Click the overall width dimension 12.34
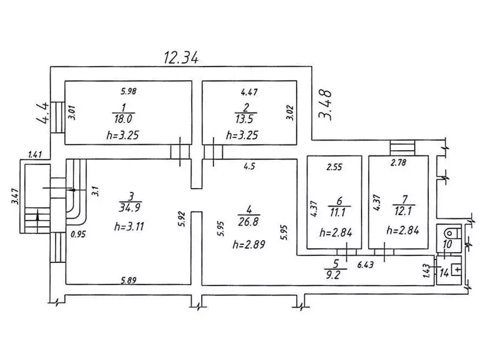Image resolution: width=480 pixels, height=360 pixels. point(181,57)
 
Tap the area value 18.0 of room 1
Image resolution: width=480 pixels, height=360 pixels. point(123,119)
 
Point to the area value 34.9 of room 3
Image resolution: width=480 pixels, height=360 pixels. point(129,208)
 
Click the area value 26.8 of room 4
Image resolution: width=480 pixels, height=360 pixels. point(248,221)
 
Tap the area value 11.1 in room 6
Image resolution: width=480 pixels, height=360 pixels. point(338,212)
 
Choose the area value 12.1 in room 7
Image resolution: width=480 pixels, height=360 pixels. point(403,211)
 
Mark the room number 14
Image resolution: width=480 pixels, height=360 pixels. point(444,272)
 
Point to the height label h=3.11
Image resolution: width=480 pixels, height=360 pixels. point(129,227)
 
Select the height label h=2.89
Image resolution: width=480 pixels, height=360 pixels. point(248,245)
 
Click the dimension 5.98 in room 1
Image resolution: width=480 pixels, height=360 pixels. point(127,91)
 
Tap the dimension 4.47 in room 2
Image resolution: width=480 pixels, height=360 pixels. point(249,92)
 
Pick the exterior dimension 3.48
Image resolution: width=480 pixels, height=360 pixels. point(325,105)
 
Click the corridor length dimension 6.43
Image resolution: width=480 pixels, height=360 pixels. point(365,264)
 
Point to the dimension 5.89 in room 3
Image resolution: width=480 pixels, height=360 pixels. point(128,280)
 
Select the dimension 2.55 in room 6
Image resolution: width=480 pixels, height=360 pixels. point(334,167)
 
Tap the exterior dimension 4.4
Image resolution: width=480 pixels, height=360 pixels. point(43,112)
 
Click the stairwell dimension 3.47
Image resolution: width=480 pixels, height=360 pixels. point(15,196)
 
